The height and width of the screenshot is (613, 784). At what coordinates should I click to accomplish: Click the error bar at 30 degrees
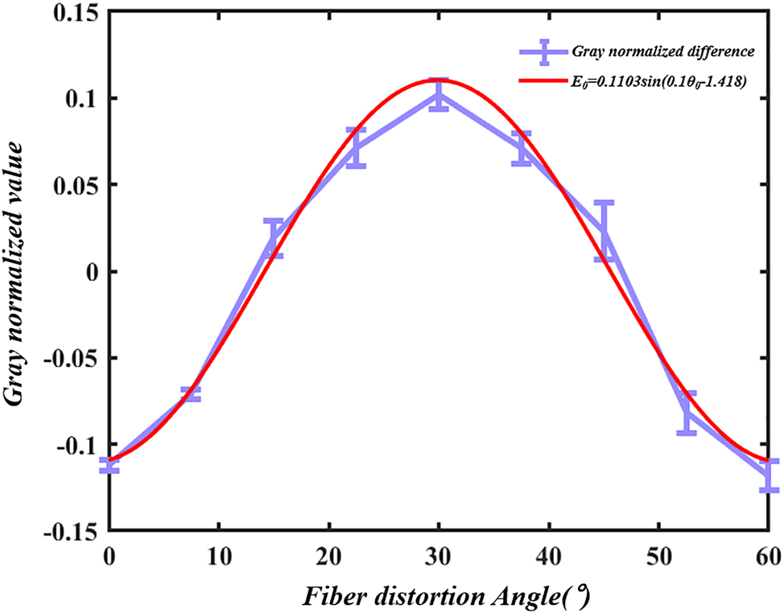pyautogui.click(x=438, y=95)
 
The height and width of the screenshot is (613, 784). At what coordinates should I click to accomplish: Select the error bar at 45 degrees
pyautogui.click(x=605, y=231)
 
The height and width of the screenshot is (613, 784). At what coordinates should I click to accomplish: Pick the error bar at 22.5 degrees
pyautogui.click(x=356, y=148)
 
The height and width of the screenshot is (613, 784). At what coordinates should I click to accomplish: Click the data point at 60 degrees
pyautogui.click(x=770, y=475)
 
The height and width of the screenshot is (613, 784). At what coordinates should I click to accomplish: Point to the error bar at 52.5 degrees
pyautogui.click(x=687, y=413)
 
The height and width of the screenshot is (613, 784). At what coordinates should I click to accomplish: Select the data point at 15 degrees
pyautogui.click(x=273, y=238)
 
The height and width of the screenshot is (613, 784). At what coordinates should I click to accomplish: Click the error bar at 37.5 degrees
pyautogui.click(x=522, y=149)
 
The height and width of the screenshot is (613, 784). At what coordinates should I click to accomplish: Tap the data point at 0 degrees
pyautogui.click(x=109, y=465)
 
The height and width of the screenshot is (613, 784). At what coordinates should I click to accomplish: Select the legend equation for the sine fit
pyautogui.click(x=659, y=79)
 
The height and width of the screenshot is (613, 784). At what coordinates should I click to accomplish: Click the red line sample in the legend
pyautogui.click(x=544, y=79)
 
